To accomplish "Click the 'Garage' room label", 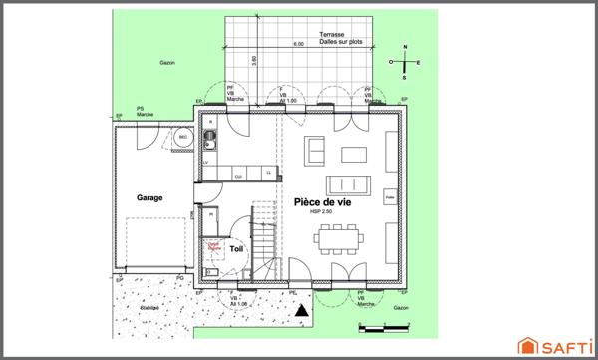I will (149, 197).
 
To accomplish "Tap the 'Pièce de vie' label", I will (322, 201).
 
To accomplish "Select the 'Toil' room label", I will (235, 249).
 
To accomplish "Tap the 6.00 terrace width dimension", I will (298, 45).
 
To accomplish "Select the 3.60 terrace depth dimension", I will (256, 59).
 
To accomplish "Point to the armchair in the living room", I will (314, 151).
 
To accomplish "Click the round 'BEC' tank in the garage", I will (183, 139).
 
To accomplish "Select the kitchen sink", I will (209, 139).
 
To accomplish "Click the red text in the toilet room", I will (212, 243).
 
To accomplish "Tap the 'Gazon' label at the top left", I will (167, 62).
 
